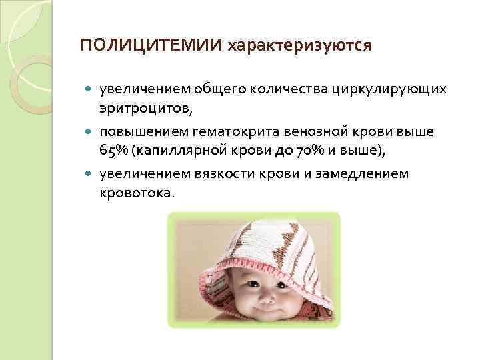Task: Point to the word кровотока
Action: pyautogui.click(x=136, y=192)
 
